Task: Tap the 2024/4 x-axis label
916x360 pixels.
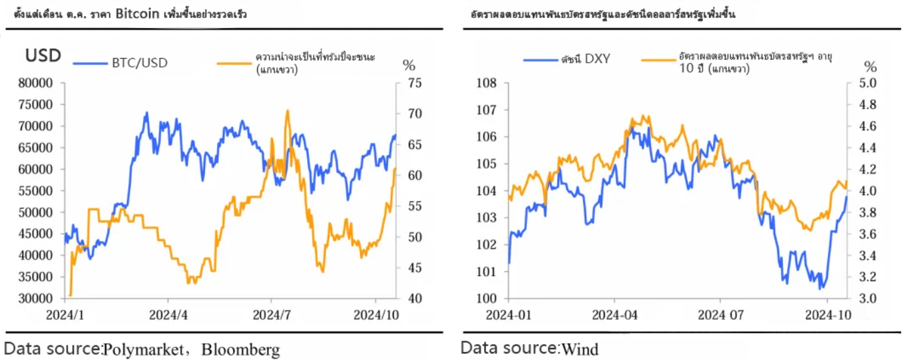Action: tap(168, 313)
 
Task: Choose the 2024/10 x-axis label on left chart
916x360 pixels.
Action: tap(376, 313)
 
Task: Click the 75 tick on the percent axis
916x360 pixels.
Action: tap(414, 83)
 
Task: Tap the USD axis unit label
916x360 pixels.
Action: tap(43, 56)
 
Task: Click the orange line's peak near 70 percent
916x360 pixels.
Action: tap(288, 112)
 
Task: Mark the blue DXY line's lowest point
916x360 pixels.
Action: tap(821, 288)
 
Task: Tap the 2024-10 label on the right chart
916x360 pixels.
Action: tap(827, 313)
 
